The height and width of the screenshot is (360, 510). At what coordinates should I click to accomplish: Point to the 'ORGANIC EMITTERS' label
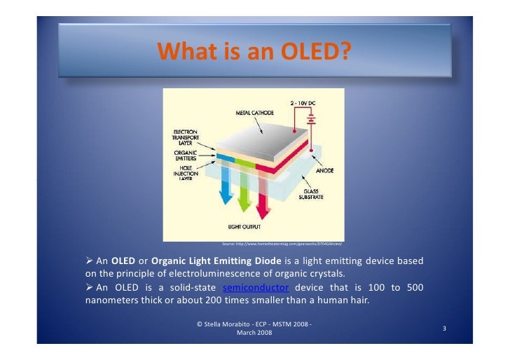coord(186,156)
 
